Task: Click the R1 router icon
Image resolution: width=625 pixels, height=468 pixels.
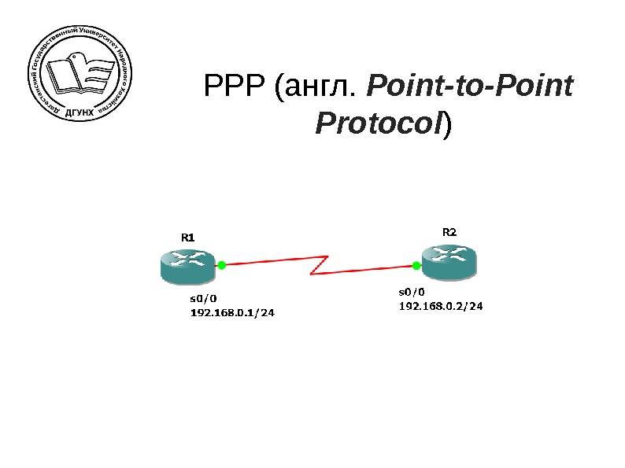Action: click(186, 266)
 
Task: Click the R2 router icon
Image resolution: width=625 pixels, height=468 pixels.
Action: click(449, 260)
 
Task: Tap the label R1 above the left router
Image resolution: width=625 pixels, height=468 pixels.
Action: click(188, 237)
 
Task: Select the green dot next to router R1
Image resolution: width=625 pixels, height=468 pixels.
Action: click(222, 266)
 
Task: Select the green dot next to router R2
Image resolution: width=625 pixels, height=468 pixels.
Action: click(416, 266)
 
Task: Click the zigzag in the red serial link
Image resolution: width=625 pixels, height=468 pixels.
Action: click(319, 264)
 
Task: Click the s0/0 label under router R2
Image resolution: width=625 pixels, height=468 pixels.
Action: click(412, 291)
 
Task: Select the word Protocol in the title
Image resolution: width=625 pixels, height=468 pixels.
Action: click(378, 123)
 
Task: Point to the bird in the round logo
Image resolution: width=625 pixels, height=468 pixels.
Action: click(76, 57)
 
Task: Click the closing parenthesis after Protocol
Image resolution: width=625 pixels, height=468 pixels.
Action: click(447, 124)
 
